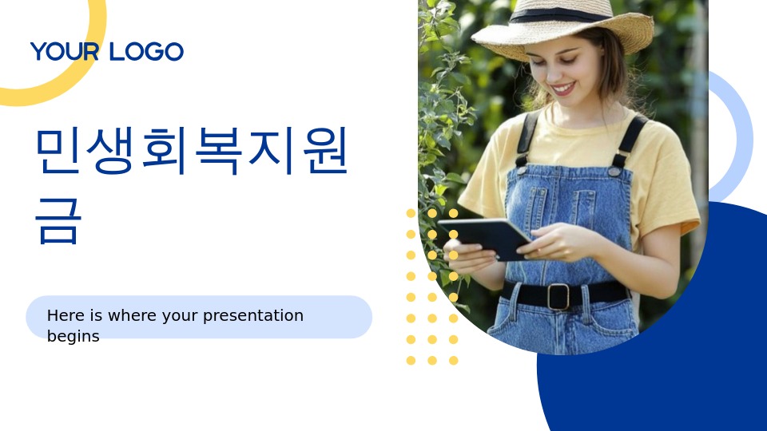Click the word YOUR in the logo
click(65, 51)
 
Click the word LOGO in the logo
click(146, 51)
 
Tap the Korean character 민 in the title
click(58, 150)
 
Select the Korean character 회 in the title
click(165, 150)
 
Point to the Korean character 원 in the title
click(325, 150)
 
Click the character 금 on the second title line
click(58, 221)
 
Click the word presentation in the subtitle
click(253, 316)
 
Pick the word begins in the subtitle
click(73, 337)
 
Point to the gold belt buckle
click(558, 297)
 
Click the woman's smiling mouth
click(562, 89)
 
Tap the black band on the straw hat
click(559, 15)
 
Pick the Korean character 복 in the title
click(219, 150)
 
